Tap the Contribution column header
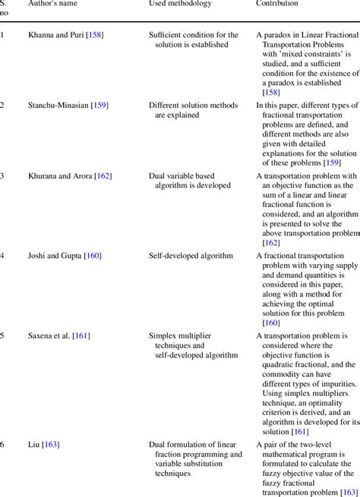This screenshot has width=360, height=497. tap(276, 4)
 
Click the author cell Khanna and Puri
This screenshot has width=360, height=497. tap(55, 36)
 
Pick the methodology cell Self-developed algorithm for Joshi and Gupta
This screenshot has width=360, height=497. tap(191, 256)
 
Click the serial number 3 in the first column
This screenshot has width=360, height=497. tap(2, 176)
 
